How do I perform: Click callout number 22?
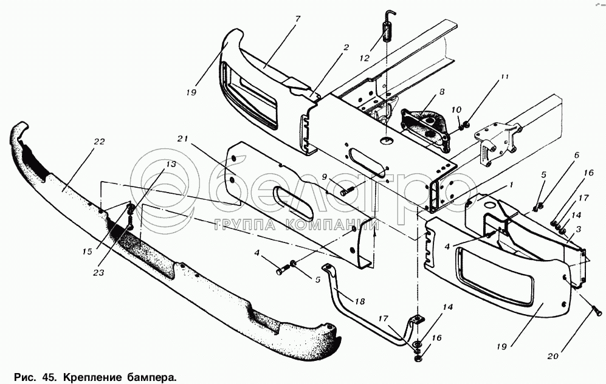coord(99,142)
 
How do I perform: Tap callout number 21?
coord(183,139)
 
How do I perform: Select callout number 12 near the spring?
coord(365,58)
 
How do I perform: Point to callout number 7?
coord(298,19)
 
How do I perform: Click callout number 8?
coord(442,92)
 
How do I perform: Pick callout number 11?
coord(504,77)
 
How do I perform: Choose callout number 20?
coord(553,356)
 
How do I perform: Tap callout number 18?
coord(360,301)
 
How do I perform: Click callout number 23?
coord(98,273)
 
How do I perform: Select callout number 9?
coord(325,177)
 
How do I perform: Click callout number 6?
coord(577,156)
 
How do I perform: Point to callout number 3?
coord(578,230)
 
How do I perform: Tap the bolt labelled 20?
coord(596,310)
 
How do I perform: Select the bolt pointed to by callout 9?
coord(348,191)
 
